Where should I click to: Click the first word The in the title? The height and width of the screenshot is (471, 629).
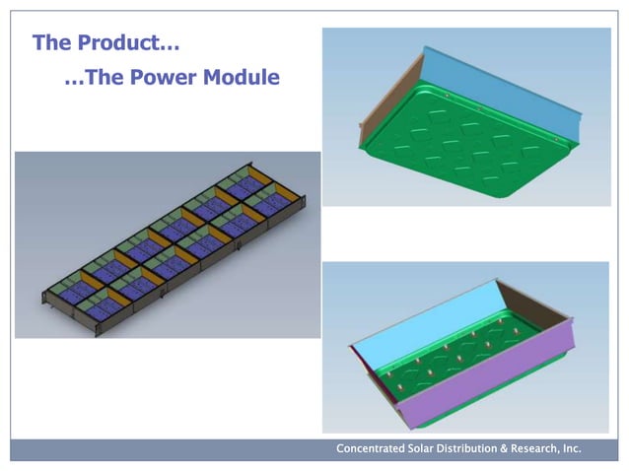[x=50, y=43]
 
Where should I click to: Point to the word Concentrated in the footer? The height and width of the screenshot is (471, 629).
[x=371, y=448]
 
